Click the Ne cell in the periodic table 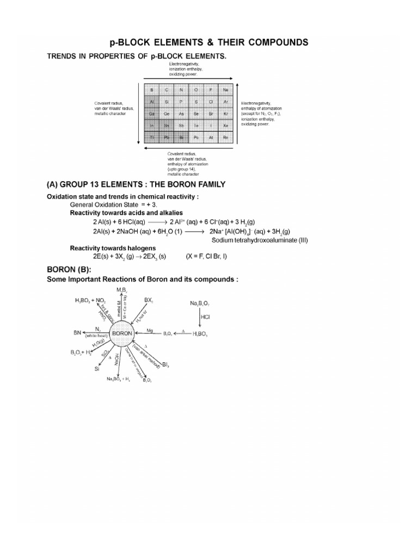click(225, 90)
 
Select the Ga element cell click(152, 114)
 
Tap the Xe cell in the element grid click(225, 126)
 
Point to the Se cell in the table click(196, 114)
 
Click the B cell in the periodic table click(152, 90)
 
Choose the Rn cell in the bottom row click(225, 138)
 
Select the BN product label click(77, 332)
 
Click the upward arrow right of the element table click(237, 114)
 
